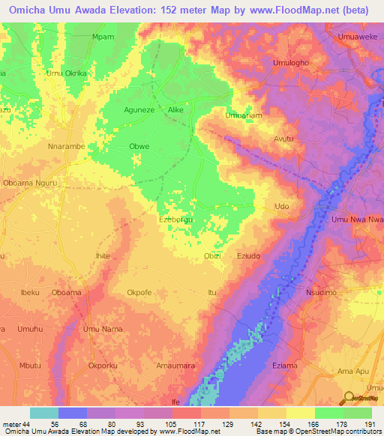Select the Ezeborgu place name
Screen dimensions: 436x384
tap(178, 219)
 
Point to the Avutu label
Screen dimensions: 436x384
tap(283, 139)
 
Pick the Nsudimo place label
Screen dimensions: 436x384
tap(325, 292)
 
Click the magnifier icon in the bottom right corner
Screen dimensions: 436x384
tap(349, 398)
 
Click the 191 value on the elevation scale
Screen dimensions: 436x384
tap(367, 423)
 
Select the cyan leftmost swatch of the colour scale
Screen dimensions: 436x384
tap(44, 413)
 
